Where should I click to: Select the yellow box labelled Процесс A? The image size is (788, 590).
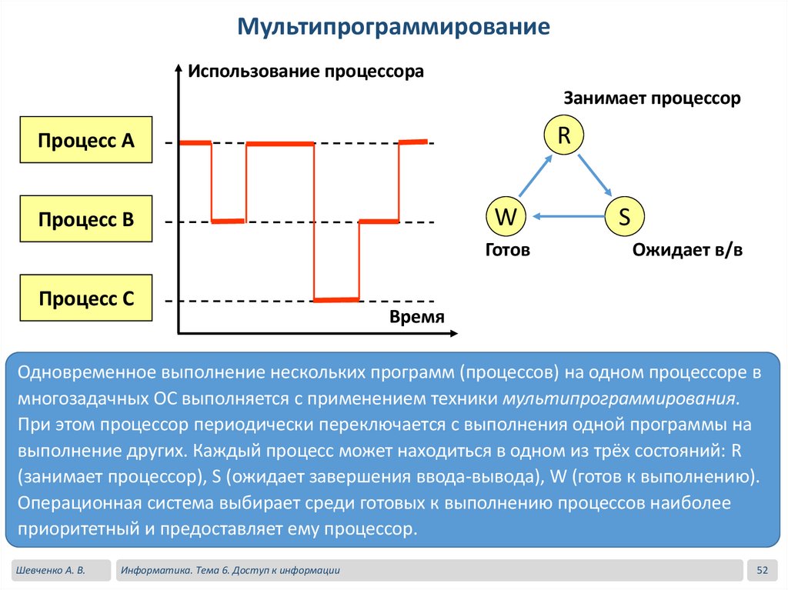pos(86,140)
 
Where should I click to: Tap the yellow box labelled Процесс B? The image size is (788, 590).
pos(86,219)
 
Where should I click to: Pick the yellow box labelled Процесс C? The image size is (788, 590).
pos(86,298)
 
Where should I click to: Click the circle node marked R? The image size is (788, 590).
pos(563,136)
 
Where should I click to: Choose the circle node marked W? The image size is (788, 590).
pos(505,217)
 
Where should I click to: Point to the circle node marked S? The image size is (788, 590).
pos(624,217)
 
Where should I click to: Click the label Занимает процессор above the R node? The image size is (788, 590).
pos(652,99)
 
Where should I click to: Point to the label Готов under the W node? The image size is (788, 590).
pos(508,250)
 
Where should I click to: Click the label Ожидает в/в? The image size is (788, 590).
pos(687,250)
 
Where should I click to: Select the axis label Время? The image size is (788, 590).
pos(417,318)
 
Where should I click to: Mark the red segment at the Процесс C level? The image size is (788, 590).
pos(336,298)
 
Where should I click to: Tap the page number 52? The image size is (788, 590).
pos(763,570)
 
